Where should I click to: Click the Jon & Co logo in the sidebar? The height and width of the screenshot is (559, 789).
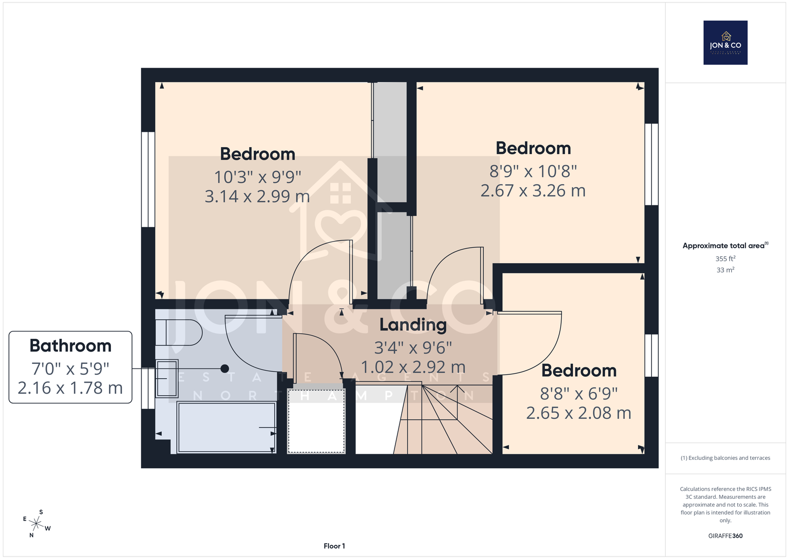click(725, 42)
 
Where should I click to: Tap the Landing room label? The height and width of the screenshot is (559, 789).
click(413, 325)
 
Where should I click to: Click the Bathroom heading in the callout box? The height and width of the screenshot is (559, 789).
click(71, 346)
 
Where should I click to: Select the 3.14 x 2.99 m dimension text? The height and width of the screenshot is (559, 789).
click(257, 197)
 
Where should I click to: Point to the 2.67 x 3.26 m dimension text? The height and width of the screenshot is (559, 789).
click(533, 191)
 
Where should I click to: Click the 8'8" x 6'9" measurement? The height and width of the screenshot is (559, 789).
click(579, 394)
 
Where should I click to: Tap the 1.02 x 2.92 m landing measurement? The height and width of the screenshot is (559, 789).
click(413, 367)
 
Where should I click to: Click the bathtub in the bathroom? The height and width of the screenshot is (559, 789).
click(226, 428)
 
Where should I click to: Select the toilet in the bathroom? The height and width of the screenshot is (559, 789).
click(179, 332)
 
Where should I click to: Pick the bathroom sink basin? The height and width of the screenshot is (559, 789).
click(167, 378)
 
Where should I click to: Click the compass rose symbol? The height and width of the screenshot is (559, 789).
click(36, 524)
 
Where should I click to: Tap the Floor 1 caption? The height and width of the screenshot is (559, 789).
click(334, 546)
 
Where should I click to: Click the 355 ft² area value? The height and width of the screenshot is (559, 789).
click(725, 259)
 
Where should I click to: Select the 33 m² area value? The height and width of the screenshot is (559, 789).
click(725, 270)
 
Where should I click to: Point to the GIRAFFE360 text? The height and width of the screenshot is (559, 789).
click(725, 536)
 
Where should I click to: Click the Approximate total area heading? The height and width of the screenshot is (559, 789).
click(725, 245)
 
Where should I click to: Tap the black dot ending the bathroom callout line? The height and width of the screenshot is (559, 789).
click(225, 368)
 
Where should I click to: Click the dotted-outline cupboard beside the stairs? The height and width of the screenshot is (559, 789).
click(316, 421)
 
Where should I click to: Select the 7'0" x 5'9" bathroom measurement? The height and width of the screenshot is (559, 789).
click(71, 369)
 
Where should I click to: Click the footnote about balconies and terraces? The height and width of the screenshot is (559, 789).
click(725, 458)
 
